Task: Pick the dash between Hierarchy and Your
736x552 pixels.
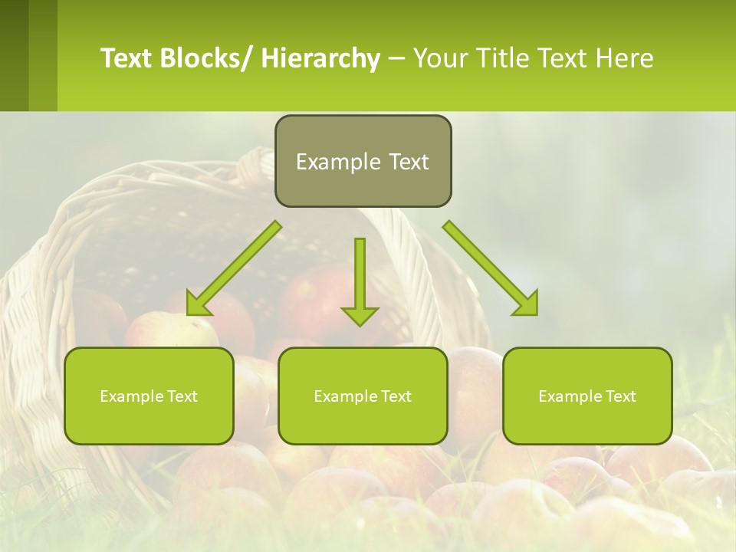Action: click(396, 58)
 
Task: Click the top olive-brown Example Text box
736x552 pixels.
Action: click(363, 161)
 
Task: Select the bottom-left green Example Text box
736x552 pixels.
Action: click(149, 396)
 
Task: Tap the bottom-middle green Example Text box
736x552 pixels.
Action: click(363, 396)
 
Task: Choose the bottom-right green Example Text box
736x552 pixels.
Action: click(587, 396)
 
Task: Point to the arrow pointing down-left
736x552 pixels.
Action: click(234, 268)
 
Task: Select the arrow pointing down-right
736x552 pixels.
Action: click(491, 268)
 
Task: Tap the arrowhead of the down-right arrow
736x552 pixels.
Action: click(527, 304)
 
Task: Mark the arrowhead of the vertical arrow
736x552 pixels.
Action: click(360, 315)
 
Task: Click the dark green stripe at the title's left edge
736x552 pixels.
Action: click(14, 55)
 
